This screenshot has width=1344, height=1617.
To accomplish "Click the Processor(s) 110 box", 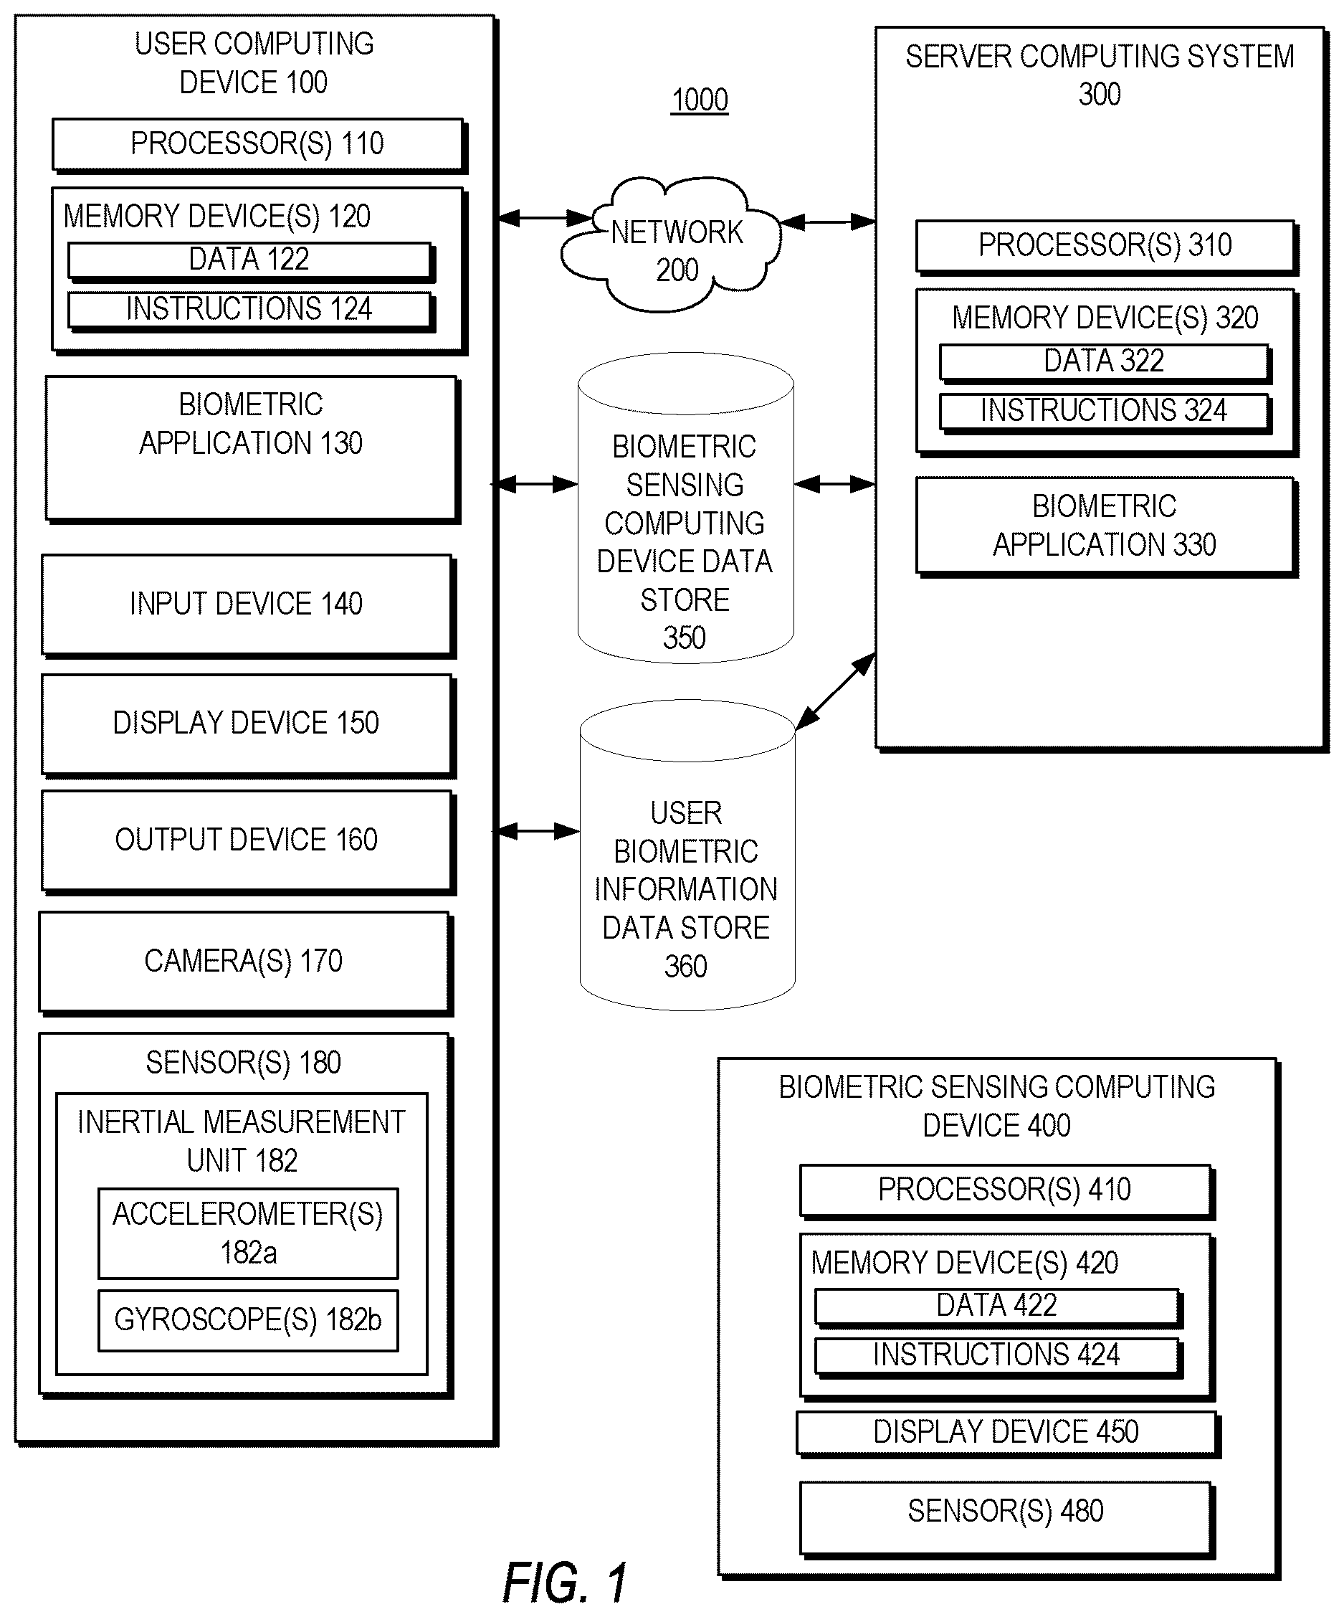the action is click(259, 145).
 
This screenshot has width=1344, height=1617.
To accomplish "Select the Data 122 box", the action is click(251, 261).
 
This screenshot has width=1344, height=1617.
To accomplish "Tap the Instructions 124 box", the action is click(251, 310).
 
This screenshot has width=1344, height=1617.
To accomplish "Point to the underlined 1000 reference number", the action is click(700, 100).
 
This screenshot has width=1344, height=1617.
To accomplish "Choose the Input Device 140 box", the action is click(248, 606).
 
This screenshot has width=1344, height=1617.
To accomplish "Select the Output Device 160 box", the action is click(248, 843).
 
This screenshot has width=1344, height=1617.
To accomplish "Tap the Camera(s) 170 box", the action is click(246, 963).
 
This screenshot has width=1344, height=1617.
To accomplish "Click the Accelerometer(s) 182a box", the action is click(248, 1233).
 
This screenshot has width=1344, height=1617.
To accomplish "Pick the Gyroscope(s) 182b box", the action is click(248, 1321).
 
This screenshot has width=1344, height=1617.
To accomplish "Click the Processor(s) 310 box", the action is click(1107, 247).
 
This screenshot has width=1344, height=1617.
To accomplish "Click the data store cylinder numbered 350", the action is click(686, 508).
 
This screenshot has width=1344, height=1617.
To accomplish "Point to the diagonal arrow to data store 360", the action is click(835, 691).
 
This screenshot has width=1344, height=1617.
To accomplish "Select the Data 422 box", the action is click(999, 1307).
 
